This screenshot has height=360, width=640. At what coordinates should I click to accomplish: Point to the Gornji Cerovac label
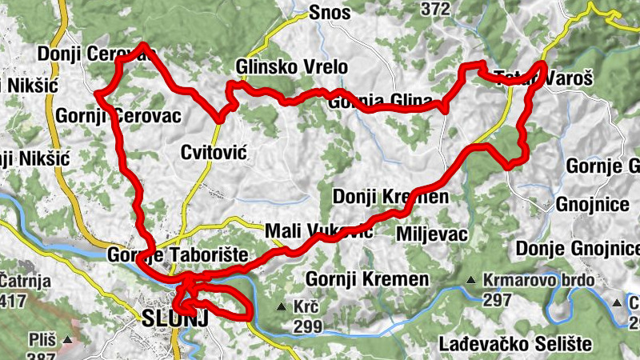coord(118,116)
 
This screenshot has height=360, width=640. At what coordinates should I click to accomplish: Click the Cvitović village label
coord(212,152)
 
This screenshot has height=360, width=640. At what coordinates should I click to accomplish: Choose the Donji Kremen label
coord(390,197)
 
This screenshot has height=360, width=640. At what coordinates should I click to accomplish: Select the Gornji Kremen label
coord(367,279)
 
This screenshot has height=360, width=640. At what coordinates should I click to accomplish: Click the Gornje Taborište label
coord(178,255)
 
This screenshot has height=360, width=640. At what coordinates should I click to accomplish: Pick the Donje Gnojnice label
coord(577,248)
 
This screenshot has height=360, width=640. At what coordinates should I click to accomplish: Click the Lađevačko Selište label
coord(515,344)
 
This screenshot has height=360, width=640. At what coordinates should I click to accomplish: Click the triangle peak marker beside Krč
coord(282,307)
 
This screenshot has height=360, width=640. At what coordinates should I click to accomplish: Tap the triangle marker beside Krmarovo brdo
coord(472,281)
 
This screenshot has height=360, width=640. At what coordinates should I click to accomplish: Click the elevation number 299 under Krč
coord(307,326)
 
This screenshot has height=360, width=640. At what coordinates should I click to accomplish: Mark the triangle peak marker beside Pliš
coord(68,340)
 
